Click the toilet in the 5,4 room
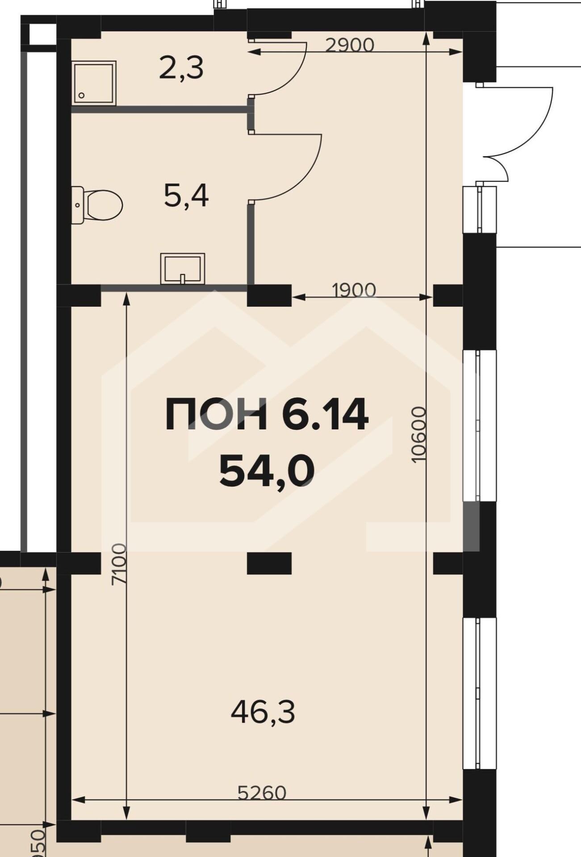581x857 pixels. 97,205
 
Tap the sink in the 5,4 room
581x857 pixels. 182,269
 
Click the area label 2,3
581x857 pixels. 181,69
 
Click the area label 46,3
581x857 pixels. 263,713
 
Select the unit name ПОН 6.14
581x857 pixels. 267,415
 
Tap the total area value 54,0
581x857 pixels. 267,472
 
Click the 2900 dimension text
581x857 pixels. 349,45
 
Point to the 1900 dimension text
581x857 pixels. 355,290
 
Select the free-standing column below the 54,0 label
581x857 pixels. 269,563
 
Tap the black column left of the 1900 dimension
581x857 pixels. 269,295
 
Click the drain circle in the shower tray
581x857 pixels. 82,96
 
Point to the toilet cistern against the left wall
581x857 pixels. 78,205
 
